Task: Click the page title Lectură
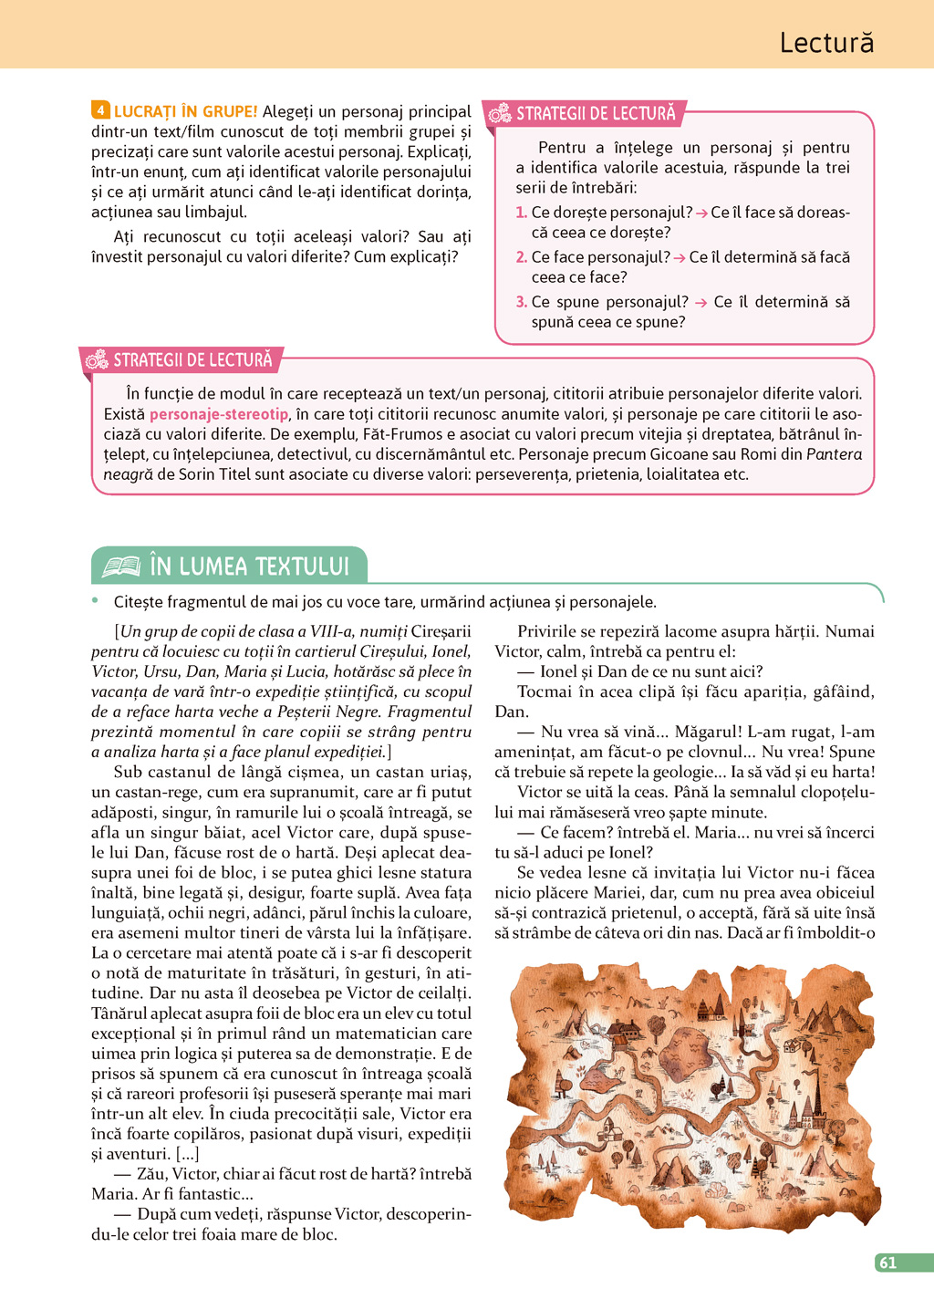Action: pos(826,43)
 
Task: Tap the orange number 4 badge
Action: pos(100,110)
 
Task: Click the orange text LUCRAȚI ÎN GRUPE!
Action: pos(185,111)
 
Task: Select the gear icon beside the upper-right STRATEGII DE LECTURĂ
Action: pos(500,114)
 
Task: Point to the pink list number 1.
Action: pos(521,213)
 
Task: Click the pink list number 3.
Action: pos(521,302)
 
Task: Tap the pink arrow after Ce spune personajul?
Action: pos(700,303)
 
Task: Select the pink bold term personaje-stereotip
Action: pos(219,414)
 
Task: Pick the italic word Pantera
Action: pos(834,454)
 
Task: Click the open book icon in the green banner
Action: pos(120,566)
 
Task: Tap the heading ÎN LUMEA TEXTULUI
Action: pos(249,566)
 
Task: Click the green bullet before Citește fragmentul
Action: pos(95,600)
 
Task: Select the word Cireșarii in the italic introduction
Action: pos(441,631)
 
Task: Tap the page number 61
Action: pos(887,1263)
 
